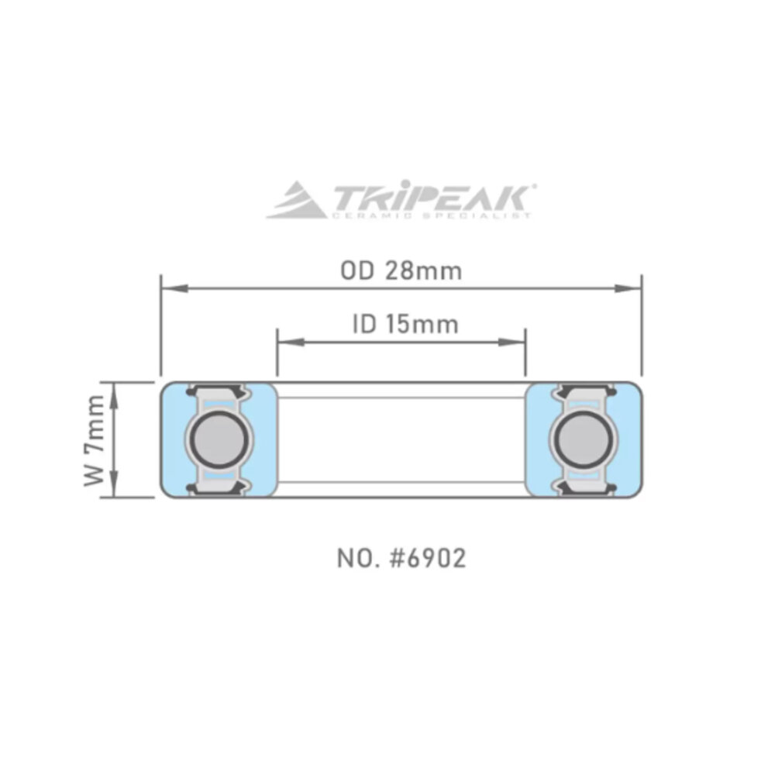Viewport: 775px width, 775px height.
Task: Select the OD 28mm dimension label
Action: click(x=401, y=271)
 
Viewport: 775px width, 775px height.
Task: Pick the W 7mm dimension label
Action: click(x=95, y=439)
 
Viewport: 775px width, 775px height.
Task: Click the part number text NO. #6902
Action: click(x=401, y=559)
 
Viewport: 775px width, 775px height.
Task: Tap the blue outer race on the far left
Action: click(x=170, y=439)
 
